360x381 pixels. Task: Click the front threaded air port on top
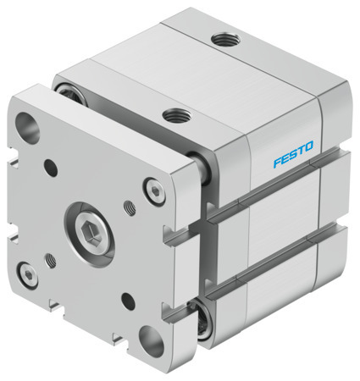point(175,112)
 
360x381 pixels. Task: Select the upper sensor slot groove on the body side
point(271,190)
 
